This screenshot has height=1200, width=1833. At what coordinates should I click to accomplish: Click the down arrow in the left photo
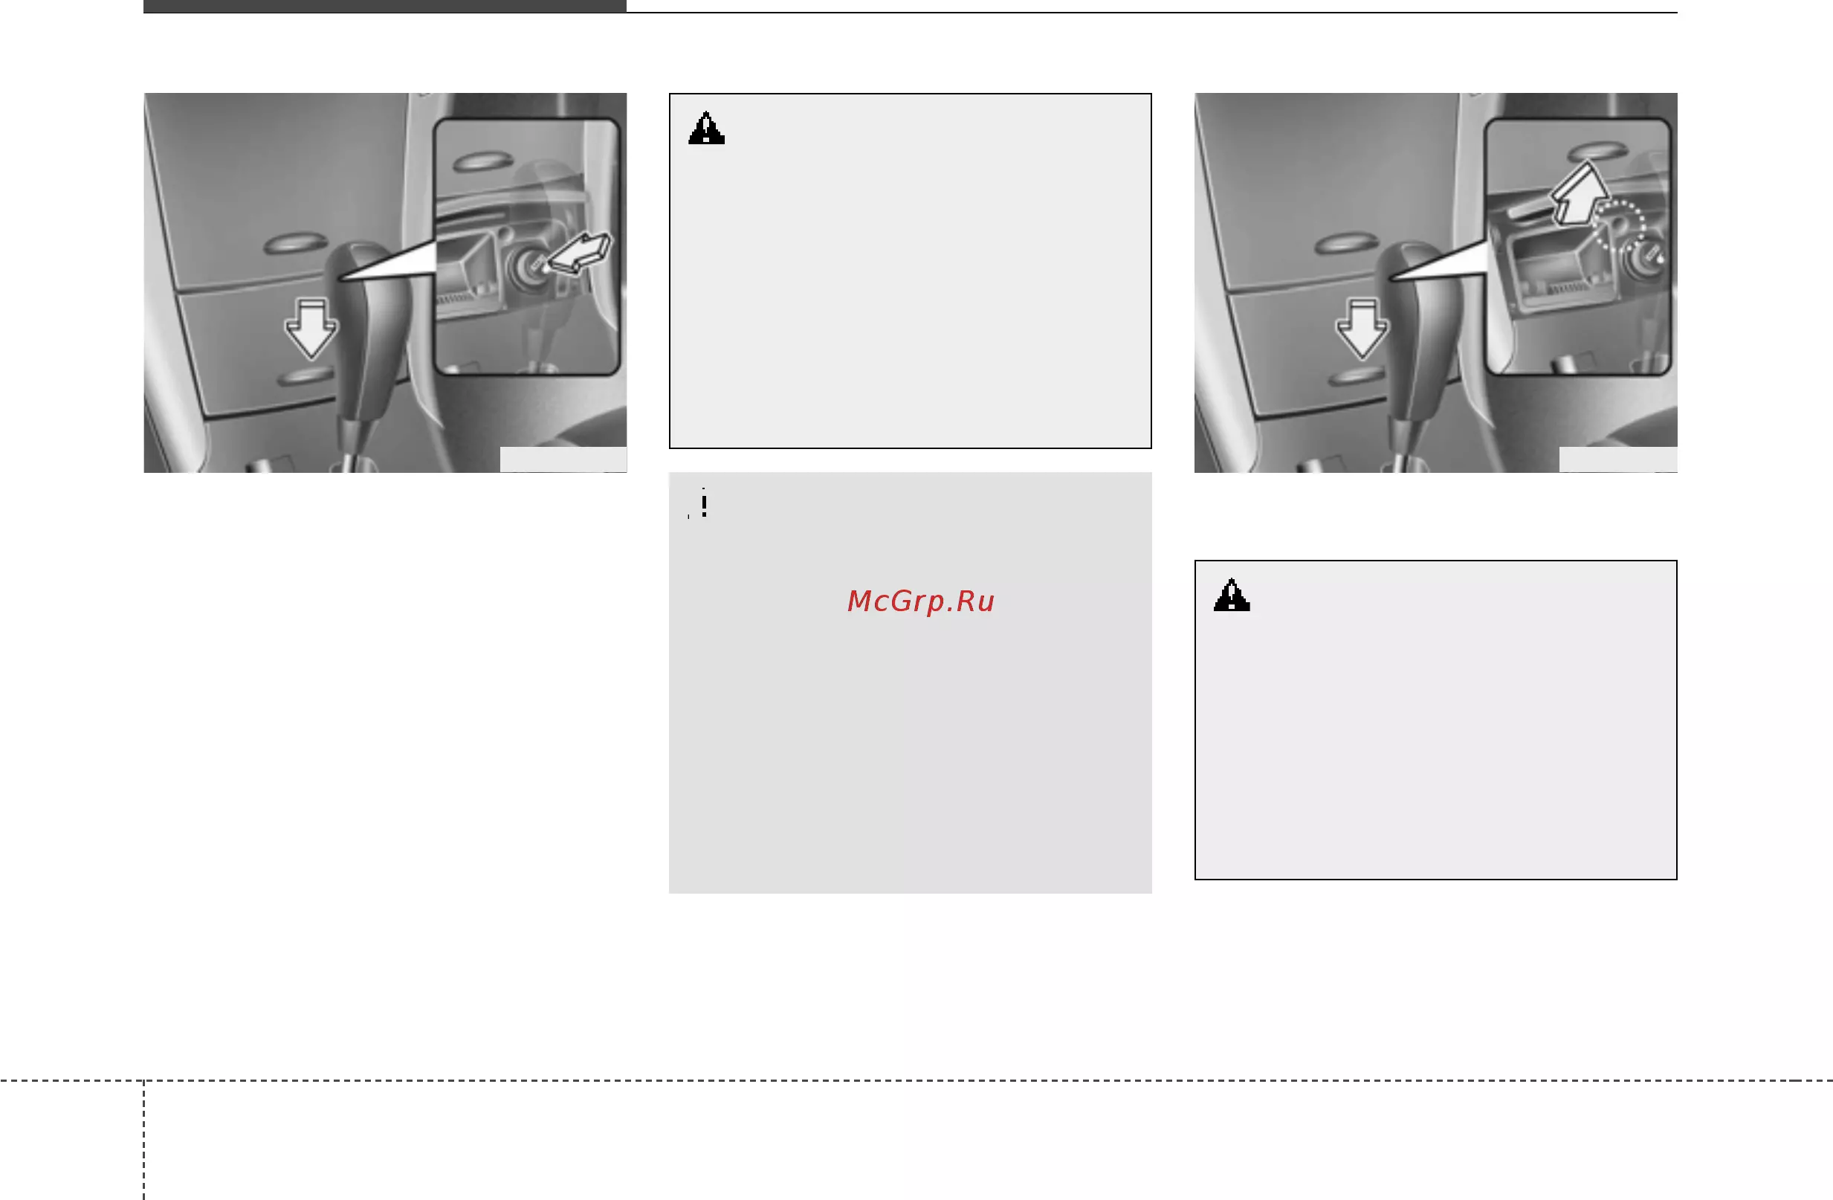pyautogui.click(x=311, y=329)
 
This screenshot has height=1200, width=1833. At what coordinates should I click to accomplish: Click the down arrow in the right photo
pyautogui.click(x=1361, y=329)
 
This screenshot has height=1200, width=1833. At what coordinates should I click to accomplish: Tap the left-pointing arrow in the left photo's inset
pyautogui.click(x=579, y=253)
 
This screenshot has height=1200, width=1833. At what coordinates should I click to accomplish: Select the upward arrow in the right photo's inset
pyautogui.click(x=1578, y=194)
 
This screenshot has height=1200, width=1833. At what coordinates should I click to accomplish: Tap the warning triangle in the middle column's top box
pyautogui.click(x=706, y=128)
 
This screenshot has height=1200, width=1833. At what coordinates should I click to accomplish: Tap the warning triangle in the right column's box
pyautogui.click(x=1232, y=595)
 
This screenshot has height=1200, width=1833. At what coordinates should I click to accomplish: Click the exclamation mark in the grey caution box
pyautogui.click(x=704, y=504)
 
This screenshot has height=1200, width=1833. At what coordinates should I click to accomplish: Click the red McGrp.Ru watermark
pyautogui.click(x=920, y=601)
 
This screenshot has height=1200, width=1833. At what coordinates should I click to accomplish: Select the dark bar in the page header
pyautogui.click(x=384, y=6)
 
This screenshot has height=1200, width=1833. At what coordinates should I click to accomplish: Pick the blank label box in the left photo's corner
pyautogui.click(x=563, y=459)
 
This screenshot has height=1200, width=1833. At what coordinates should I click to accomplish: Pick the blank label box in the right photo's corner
pyautogui.click(x=1618, y=459)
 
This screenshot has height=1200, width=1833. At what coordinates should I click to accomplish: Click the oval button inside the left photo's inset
pyautogui.click(x=483, y=161)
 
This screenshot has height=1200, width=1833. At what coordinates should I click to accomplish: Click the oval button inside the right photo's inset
pyautogui.click(x=1597, y=149)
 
